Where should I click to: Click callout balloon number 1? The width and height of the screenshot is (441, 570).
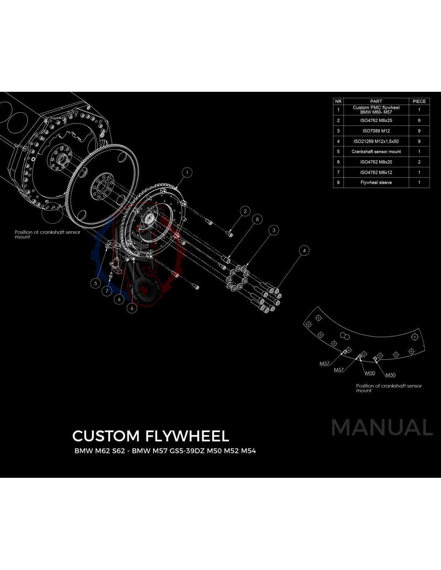pos(187,173)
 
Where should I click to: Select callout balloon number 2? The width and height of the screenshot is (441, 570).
pos(245,211)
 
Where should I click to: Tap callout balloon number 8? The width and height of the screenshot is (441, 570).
pos(257,219)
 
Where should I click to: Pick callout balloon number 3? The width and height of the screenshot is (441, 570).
pos(274,230)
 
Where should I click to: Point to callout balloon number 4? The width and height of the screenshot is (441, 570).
pos(304,251)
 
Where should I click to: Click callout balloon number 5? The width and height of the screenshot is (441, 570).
pos(95,283)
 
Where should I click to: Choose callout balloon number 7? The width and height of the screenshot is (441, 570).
pos(107,291)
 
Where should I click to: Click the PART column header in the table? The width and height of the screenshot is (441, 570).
pos(376,101)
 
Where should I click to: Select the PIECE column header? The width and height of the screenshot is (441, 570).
pos(419,101)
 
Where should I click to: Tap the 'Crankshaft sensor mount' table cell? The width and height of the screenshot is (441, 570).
pos(376,152)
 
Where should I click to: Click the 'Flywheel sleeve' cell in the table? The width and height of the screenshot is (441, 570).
pos(376,182)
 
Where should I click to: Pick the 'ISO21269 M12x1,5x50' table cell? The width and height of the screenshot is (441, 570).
pos(376,141)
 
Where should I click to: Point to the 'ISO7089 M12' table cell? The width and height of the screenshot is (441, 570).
pos(376,131)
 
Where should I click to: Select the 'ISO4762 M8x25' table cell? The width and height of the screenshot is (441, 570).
pos(376,120)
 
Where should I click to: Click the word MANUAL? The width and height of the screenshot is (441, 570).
pos(382,427)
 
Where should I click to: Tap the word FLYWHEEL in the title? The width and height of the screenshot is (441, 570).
pos(187,436)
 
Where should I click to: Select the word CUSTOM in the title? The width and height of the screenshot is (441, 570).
pos(106,436)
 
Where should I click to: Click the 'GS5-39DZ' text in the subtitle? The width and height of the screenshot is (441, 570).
pos(187,451)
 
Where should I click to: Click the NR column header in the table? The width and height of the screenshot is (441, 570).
pos(338,101)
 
